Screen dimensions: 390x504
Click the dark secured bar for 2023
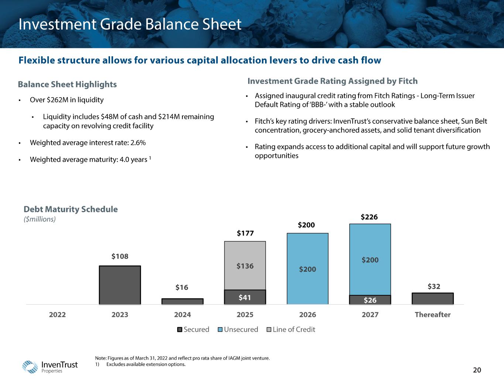120,285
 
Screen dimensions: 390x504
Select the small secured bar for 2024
182,301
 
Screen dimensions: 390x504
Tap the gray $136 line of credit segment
245,266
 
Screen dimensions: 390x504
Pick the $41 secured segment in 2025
245,297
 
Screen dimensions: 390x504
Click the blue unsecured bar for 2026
308,269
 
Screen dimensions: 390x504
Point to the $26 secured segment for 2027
370,300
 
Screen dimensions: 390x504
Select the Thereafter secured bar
432,298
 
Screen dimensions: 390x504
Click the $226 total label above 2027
369,217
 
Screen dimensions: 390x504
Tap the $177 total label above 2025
245,233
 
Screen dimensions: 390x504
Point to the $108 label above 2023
120,256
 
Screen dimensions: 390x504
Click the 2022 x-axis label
57,315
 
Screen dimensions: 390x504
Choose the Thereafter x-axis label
432,315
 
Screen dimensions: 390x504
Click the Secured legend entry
193,329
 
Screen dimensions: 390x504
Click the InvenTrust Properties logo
50,366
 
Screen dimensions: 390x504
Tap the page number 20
477,370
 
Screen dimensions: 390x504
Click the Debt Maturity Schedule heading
71,209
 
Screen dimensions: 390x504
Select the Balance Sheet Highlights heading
67,84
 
